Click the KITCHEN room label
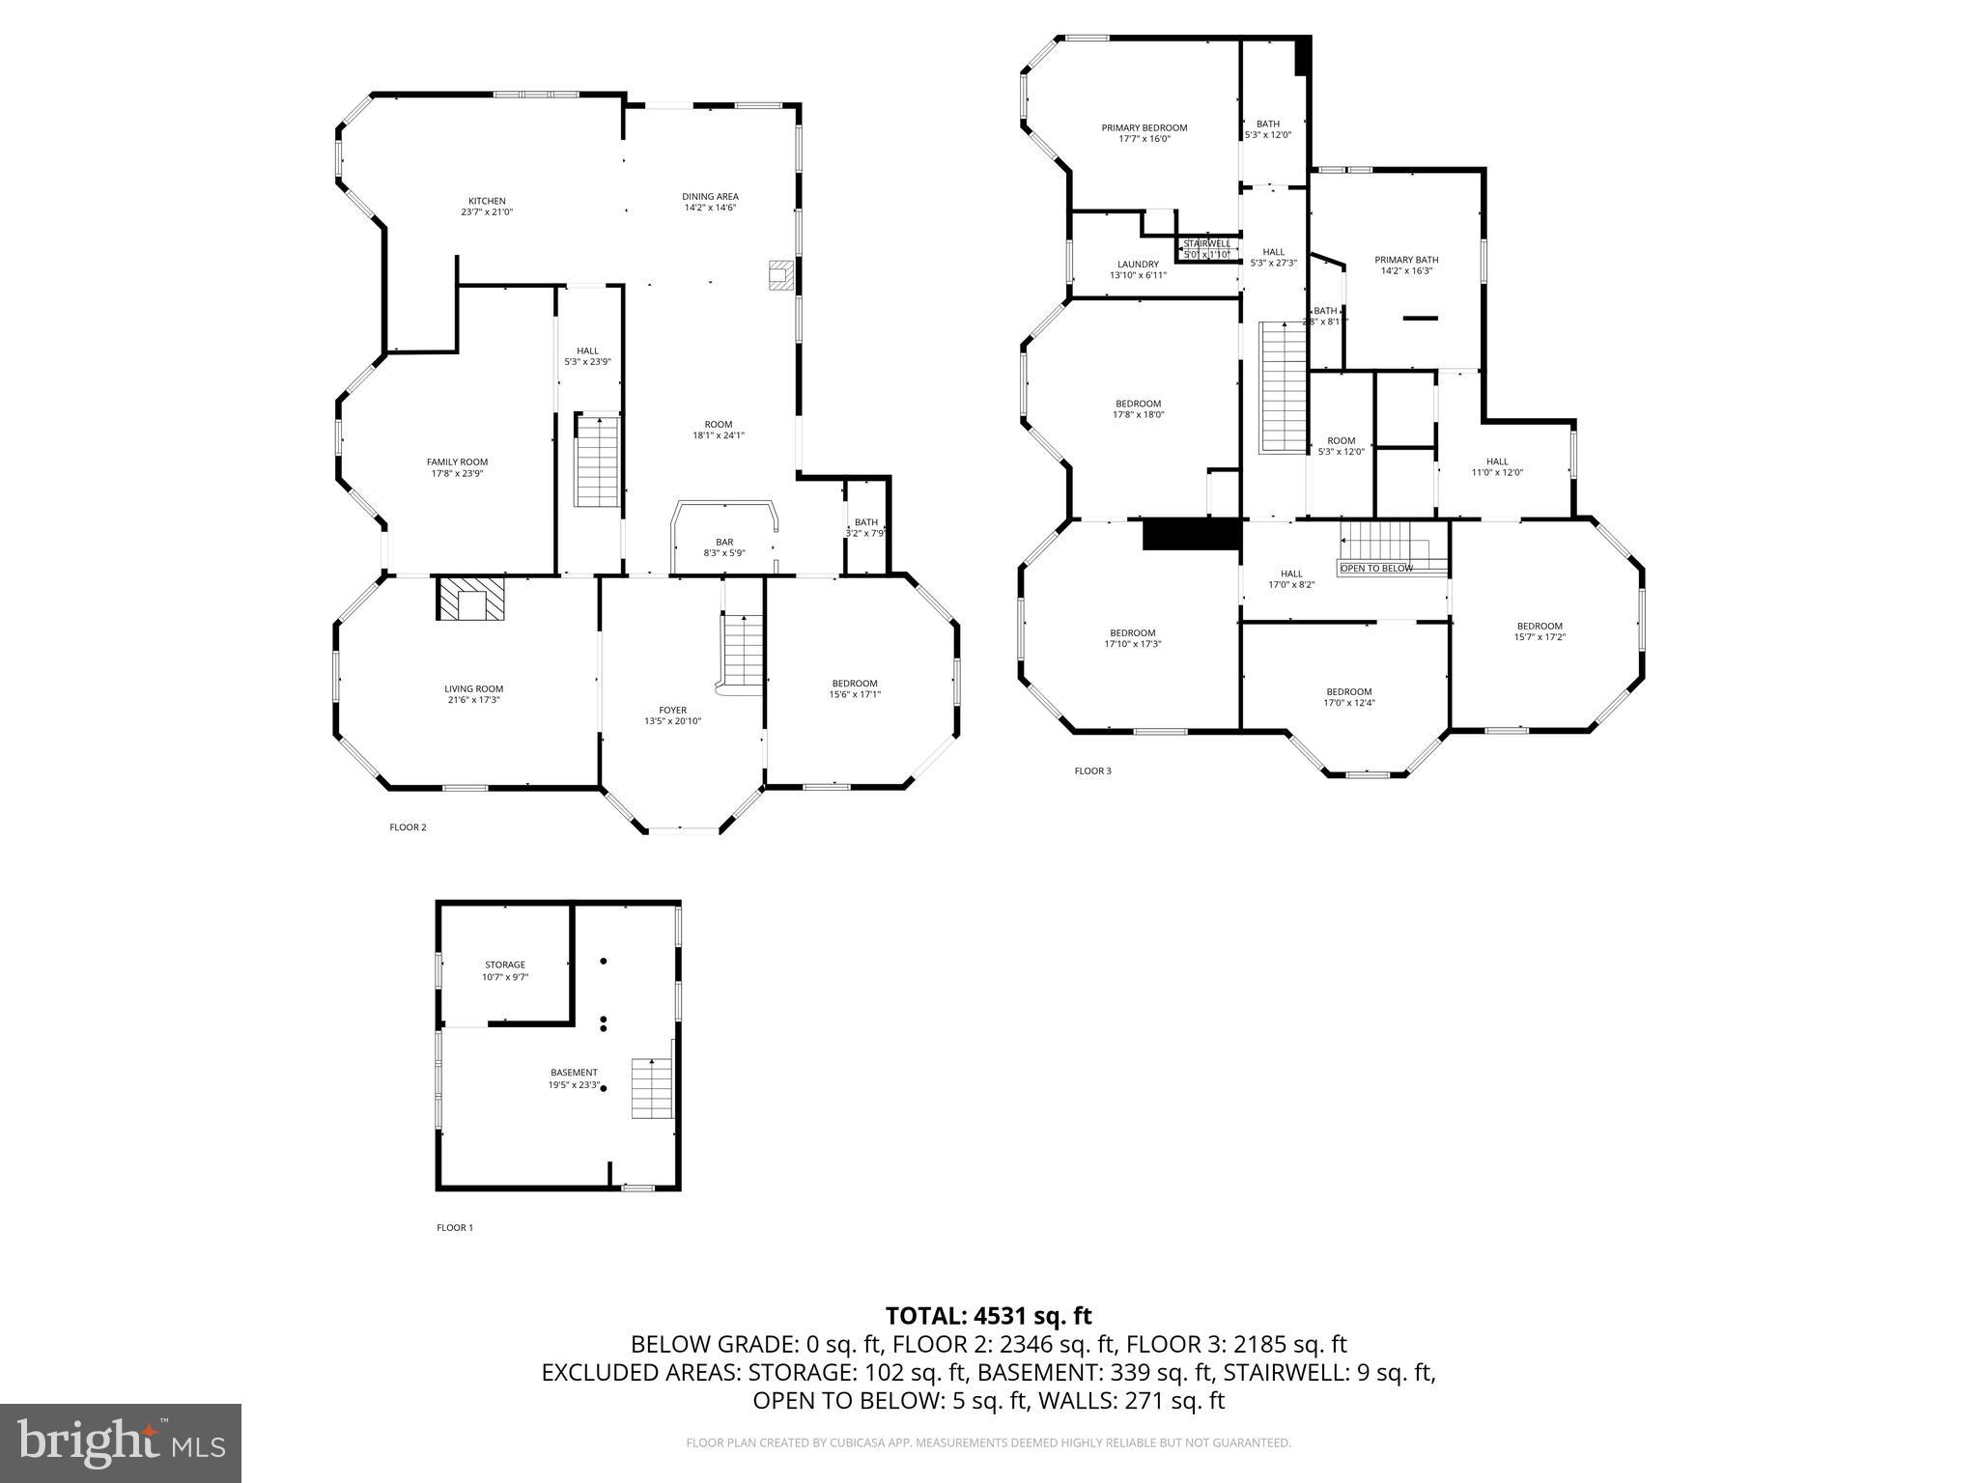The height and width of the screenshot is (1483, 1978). click(487, 201)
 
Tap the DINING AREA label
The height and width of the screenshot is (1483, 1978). click(710, 197)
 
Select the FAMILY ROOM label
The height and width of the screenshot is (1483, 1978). click(457, 462)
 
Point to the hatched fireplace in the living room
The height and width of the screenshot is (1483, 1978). click(471, 599)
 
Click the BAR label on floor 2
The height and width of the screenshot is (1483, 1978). click(723, 543)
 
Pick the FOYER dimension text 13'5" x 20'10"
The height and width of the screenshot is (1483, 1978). click(672, 721)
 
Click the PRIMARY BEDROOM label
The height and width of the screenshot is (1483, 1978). click(1144, 127)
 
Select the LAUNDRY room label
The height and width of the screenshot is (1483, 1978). click(1138, 265)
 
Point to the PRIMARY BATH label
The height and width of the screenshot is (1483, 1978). click(1406, 260)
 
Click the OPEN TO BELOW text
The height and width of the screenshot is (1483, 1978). click(1375, 569)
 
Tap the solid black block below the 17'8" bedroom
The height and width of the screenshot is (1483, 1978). click(1191, 534)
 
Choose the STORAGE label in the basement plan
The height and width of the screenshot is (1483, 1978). click(505, 965)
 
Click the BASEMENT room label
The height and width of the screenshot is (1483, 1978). click(574, 1073)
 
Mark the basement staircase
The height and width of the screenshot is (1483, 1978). click(652, 1088)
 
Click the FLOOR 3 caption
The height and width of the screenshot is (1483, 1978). click(1092, 770)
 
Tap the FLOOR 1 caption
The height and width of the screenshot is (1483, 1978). click(455, 1228)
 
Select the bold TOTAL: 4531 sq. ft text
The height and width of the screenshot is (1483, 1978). click(988, 1316)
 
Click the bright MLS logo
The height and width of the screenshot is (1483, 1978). click(121, 1443)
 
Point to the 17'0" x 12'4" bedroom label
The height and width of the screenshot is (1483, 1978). click(1348, 692)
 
